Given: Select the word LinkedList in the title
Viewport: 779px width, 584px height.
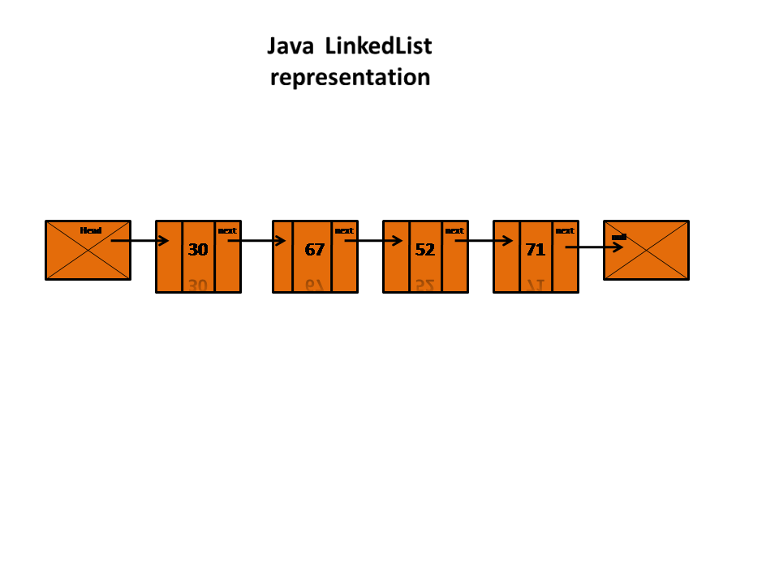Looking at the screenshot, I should tap(378, 47).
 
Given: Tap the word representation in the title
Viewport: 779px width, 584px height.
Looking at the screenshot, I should tap(350, 78).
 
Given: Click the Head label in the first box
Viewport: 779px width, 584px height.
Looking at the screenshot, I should tap(91, 230).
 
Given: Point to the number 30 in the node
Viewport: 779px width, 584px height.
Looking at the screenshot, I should tap(198, 250).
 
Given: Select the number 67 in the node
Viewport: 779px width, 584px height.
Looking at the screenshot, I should tap(315, 250).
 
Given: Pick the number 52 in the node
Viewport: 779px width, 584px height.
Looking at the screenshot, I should tap(425, 250).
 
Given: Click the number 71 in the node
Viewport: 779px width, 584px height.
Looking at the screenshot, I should tap(536, 250).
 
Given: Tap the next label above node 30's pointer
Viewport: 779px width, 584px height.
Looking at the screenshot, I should tap(227, 230).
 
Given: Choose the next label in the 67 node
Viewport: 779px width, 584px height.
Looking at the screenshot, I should tap(344, 230).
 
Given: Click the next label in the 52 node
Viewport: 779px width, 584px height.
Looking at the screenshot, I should tap(454, 230).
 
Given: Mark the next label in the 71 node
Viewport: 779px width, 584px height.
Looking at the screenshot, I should tap(565, 230).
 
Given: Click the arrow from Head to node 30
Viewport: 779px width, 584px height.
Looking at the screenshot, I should tap(140, 241).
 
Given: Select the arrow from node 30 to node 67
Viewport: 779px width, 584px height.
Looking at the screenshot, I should tap(256, 241).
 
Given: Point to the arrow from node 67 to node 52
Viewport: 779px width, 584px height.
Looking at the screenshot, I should tap(373, 241).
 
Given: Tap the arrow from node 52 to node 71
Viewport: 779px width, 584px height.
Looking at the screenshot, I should tap(484, 241).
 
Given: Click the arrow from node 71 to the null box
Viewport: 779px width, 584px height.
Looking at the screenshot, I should tap(594, 247).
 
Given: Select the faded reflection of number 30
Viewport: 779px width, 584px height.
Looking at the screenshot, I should tap(198, 285).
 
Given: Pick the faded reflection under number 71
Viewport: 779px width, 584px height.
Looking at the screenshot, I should tap(536, 285).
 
